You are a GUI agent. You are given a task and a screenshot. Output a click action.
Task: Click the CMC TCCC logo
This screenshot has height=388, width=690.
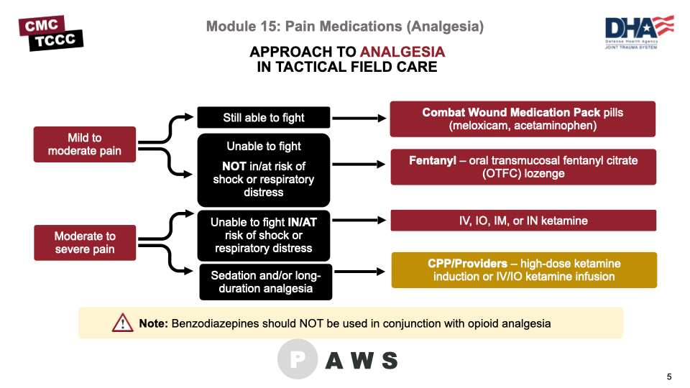51,33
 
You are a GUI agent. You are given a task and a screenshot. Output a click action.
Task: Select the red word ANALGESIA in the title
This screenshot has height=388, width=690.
402,52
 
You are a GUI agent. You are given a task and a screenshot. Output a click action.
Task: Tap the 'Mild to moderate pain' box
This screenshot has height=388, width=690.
85,144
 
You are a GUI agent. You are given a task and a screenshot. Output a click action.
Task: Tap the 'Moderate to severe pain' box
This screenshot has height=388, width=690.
85,242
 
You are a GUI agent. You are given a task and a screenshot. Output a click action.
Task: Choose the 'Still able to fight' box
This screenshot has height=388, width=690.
264,118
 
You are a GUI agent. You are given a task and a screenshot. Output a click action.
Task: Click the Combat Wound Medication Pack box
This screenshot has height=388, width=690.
523,119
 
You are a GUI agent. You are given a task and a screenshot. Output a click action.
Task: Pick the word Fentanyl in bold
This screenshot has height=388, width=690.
433,160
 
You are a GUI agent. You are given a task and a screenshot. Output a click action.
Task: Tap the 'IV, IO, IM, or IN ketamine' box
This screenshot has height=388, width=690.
523,221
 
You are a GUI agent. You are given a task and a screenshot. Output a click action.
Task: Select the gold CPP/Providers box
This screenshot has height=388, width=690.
524,269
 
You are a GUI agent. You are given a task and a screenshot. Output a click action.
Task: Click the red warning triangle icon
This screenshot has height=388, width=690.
123,323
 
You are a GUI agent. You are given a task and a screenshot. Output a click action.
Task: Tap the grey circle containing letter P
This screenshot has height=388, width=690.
297,359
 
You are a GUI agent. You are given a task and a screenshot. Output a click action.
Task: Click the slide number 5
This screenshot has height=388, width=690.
669,377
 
